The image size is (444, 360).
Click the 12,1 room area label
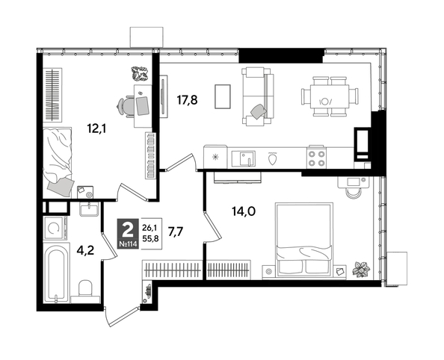(x=96, y=128)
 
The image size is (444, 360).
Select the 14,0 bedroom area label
(x=243, y=211)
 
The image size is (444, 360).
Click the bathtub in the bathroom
(x=57, y=273)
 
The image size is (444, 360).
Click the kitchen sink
(x=244, y=158)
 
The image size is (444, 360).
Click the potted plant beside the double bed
(x=363, y=267)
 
